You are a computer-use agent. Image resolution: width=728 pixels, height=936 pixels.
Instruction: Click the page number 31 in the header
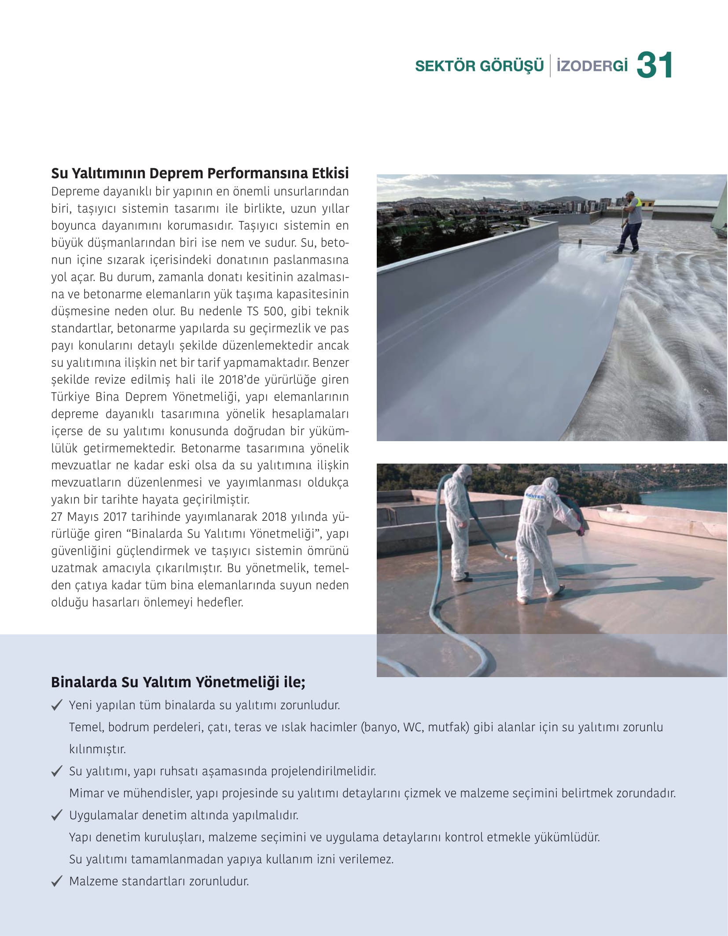tap(654, 66)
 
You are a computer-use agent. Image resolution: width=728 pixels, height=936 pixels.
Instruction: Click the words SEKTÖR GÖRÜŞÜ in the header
tap(479, 66)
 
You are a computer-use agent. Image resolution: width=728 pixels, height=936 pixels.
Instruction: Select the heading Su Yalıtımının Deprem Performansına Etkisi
tap(200, 173)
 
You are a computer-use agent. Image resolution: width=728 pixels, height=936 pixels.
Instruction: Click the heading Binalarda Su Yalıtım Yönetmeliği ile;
tap(178, 682)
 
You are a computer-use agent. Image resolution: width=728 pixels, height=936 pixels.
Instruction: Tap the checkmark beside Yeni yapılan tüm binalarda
tap(56, 706)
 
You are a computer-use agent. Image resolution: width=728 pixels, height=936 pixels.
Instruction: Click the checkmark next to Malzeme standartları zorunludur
tap(56, 882)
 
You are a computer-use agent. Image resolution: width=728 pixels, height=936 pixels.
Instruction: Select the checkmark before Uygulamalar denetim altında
tap(56, 816)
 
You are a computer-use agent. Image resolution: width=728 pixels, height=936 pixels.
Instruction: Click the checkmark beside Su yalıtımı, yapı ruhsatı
tap(56, 772)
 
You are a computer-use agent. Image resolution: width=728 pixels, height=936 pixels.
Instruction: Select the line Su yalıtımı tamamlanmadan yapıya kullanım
tap(231, 859)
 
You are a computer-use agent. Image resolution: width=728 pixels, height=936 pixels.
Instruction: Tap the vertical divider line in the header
tap(550, 66)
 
